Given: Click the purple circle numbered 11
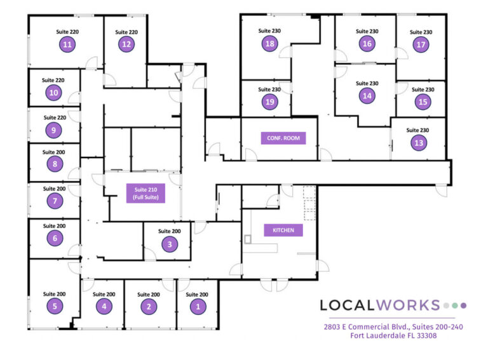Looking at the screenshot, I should click(67, 44).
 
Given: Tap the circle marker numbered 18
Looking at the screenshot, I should click(270, 43).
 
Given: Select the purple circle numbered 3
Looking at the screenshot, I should click(169, 244).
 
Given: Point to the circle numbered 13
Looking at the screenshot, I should click(419, 143).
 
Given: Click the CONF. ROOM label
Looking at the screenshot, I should click(283, 138).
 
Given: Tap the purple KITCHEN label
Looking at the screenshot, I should click(283, 230).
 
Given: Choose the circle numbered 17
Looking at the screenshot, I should click(420, 44).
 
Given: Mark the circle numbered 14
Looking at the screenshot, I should click(367, 96).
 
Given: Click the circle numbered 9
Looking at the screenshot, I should click(55, 130).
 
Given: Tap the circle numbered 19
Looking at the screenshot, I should click(270, 102).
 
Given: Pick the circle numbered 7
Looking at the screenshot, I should click(55, 201).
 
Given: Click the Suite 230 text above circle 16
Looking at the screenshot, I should click(367, 31).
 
